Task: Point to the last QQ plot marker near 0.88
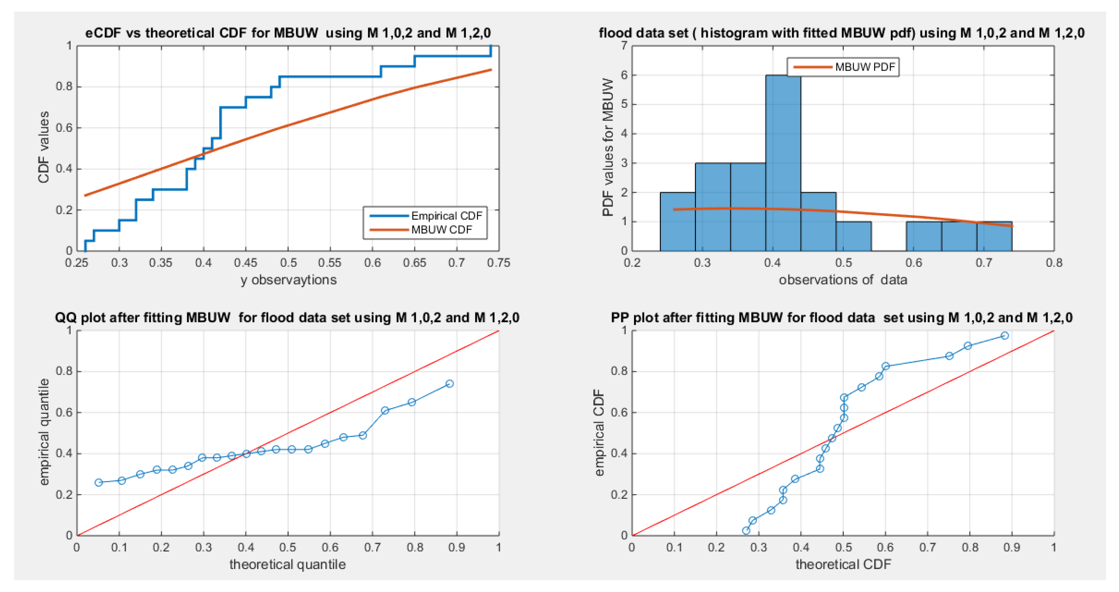pos(450,383)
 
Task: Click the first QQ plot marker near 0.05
pos(98,483)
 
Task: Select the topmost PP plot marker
pos(1004,335)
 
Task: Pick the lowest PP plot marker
pos(746,530)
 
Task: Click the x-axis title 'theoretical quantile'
pos(287,564)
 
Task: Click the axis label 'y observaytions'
pos(288,280)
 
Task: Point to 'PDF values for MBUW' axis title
pos(608,148)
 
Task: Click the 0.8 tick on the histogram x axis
pos(1054,263)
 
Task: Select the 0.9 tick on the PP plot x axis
pos(1012,547)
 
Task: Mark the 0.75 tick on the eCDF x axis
pos(499,263)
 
